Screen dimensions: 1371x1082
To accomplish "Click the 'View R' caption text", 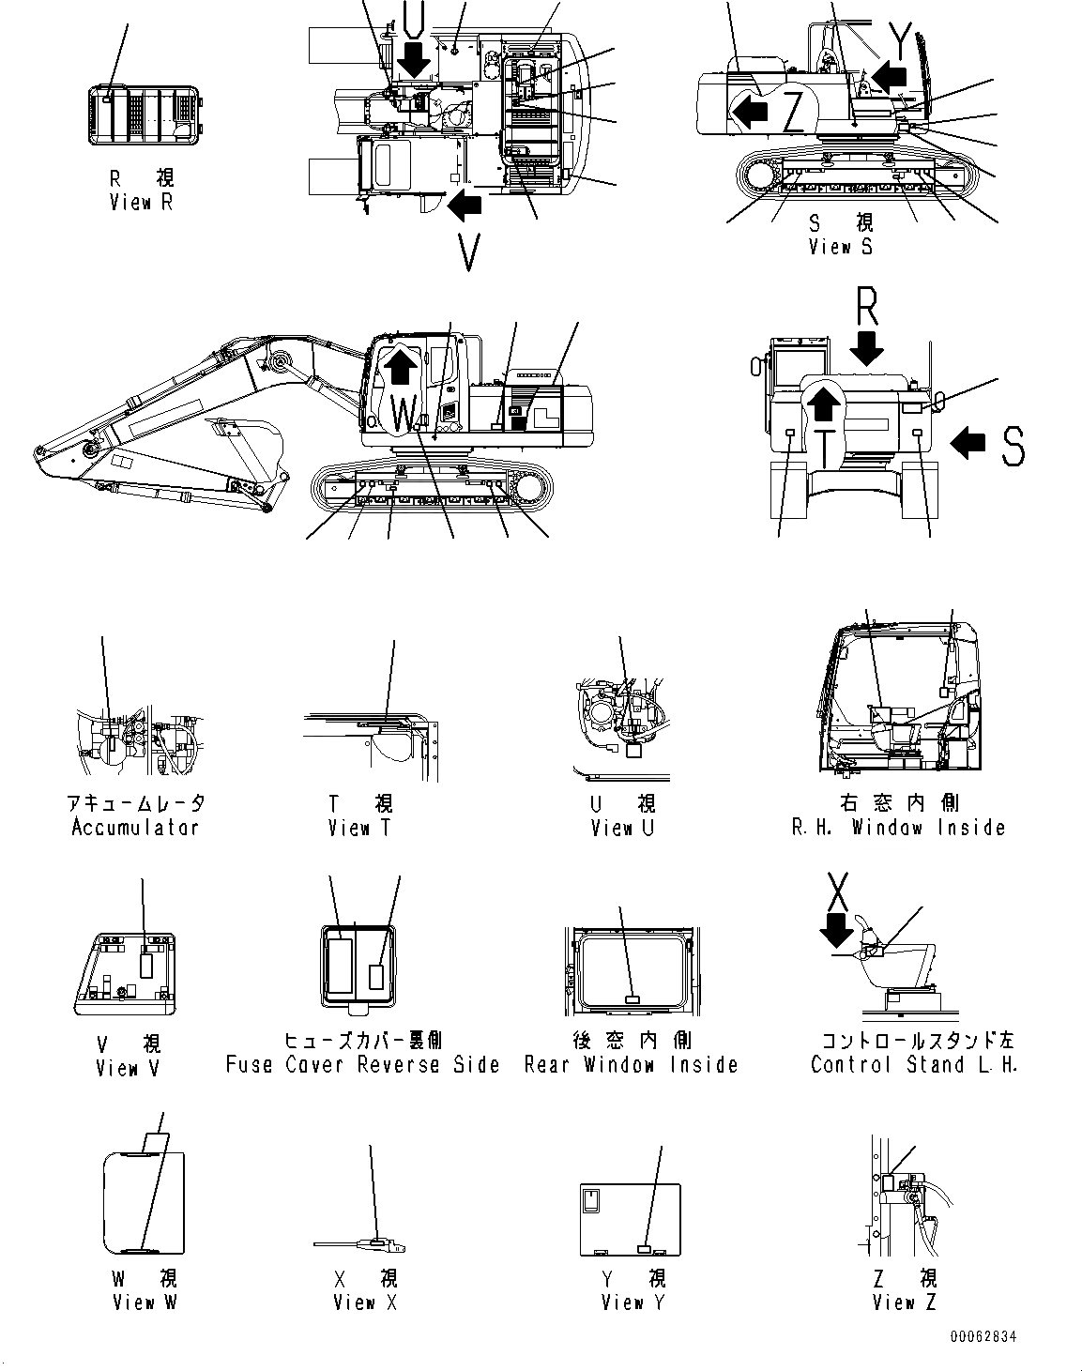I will pos(141,202).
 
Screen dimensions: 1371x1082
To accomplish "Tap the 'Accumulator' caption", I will pos(135,828).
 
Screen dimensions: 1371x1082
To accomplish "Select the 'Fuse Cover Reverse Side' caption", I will pos(362,1065).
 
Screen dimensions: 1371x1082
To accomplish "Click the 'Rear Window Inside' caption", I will pos(631,1065).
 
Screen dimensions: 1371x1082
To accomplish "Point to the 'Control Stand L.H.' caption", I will pos(914,1065).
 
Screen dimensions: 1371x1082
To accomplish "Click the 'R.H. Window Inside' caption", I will pos(898,828).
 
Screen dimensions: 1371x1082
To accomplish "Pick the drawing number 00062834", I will pos(982,1337).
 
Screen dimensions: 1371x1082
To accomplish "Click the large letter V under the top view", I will pos(469,251).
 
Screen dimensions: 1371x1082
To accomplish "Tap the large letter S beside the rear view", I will pos(1012,445).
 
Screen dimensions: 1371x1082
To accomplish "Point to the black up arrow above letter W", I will pos(400,363).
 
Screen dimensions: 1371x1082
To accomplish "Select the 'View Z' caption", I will pos(904,1302).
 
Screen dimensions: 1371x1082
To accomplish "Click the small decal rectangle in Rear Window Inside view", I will pos(632,1000).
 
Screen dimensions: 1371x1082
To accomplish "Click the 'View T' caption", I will pos(360,828).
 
